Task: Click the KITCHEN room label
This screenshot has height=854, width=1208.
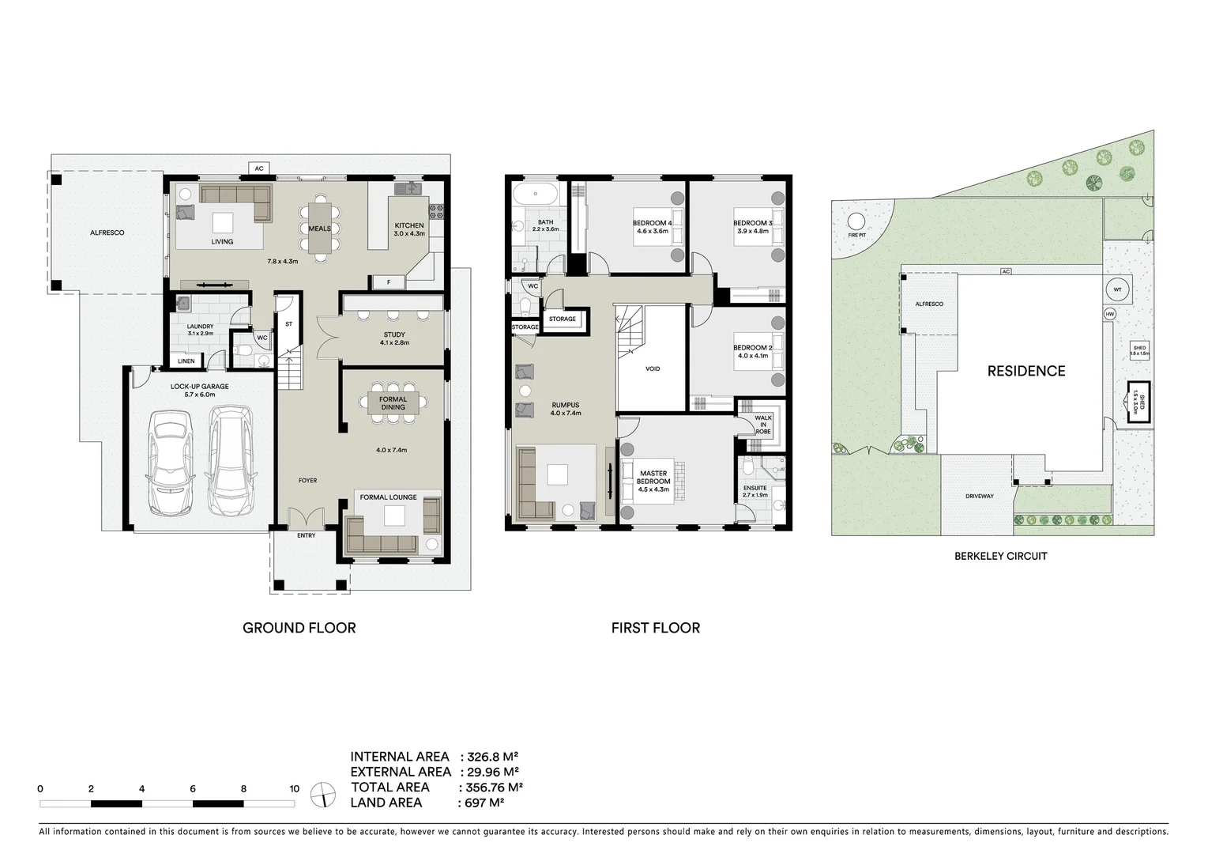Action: pos(409,226)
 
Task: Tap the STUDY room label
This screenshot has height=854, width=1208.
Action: pos(393,335)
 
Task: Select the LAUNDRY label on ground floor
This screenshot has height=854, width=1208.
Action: pos(200,327)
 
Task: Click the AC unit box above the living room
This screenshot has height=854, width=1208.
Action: pos(258,168)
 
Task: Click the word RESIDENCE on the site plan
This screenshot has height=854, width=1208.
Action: pos(1025,371)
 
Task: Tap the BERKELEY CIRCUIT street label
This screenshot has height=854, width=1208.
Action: pos(1000,556)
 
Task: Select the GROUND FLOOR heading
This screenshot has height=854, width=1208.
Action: pos(299,628)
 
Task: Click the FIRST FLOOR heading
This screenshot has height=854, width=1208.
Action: pos(655,628)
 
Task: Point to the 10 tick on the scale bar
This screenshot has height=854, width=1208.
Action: pos(294,788)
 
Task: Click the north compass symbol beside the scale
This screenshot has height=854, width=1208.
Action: pos(322,793)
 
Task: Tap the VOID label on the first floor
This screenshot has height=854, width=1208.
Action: pos(652,369)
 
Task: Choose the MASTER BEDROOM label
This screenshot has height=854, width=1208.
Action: pos(653,478)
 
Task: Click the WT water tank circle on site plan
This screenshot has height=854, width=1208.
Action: pos(1116,289)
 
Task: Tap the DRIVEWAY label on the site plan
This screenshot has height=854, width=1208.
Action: pos(979,497)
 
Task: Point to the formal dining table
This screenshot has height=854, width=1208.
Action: pos(393,403)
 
